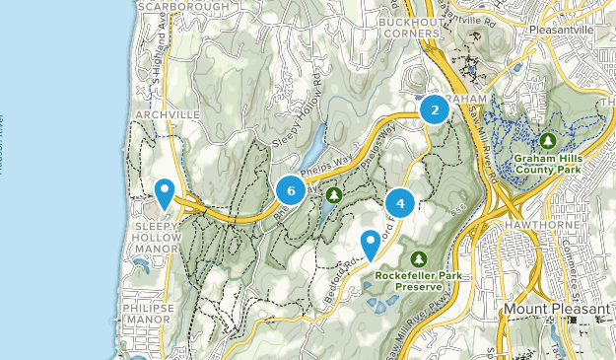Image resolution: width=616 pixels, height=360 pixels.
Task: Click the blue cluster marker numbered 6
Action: pos(290,189)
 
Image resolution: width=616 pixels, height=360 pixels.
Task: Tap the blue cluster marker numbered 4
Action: pos(400,203)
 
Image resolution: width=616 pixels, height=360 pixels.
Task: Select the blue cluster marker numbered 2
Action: pos(434,109)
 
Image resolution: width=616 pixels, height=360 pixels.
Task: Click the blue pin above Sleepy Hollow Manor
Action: pos(165,192)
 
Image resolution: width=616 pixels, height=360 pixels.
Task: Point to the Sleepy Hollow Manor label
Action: pos(158,243)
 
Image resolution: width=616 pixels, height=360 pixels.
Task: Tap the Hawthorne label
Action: pos(539,225)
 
